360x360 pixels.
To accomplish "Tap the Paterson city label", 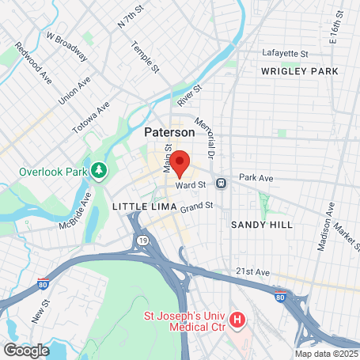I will click(169, 134).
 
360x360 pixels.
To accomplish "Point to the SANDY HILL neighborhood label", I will click(261, 225).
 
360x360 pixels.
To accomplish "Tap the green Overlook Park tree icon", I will click(99, 169).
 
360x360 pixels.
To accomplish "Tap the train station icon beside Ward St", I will click(222, 184).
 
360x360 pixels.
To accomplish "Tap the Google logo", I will click(26, 350).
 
